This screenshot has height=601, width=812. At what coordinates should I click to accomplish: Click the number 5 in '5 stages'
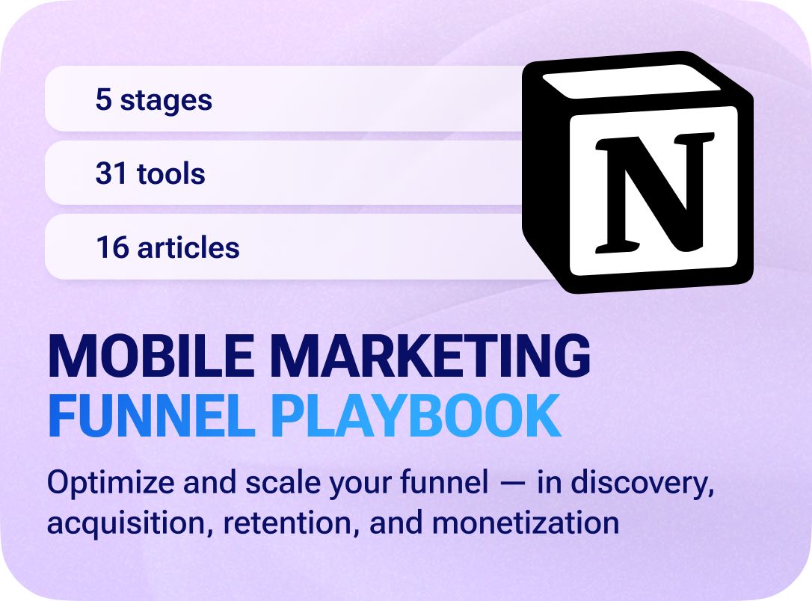103,100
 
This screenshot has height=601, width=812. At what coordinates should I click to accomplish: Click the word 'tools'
171,173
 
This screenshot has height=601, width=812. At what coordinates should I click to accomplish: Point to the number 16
112,247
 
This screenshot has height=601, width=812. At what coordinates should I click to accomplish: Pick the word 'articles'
188,247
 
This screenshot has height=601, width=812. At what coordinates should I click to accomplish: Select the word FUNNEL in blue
151,416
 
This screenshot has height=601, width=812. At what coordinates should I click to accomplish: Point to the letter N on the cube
653,192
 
